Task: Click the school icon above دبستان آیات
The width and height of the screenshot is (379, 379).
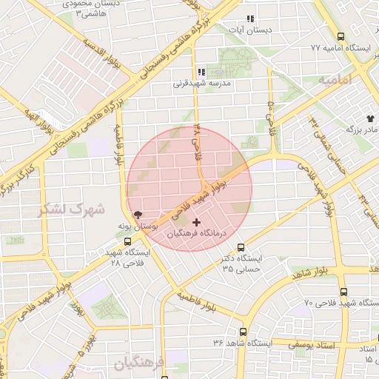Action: [x=250, y=19]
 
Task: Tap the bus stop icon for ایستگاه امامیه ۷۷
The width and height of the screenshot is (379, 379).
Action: [x=341, y=36]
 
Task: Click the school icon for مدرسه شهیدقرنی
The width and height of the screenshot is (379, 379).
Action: [x=201, y=73]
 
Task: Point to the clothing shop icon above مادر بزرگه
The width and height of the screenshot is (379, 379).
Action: [x=370, y=118]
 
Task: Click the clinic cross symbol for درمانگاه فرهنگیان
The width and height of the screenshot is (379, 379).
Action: [x=196, y=222]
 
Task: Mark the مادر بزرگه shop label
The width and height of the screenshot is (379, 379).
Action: [x=360, y=130]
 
